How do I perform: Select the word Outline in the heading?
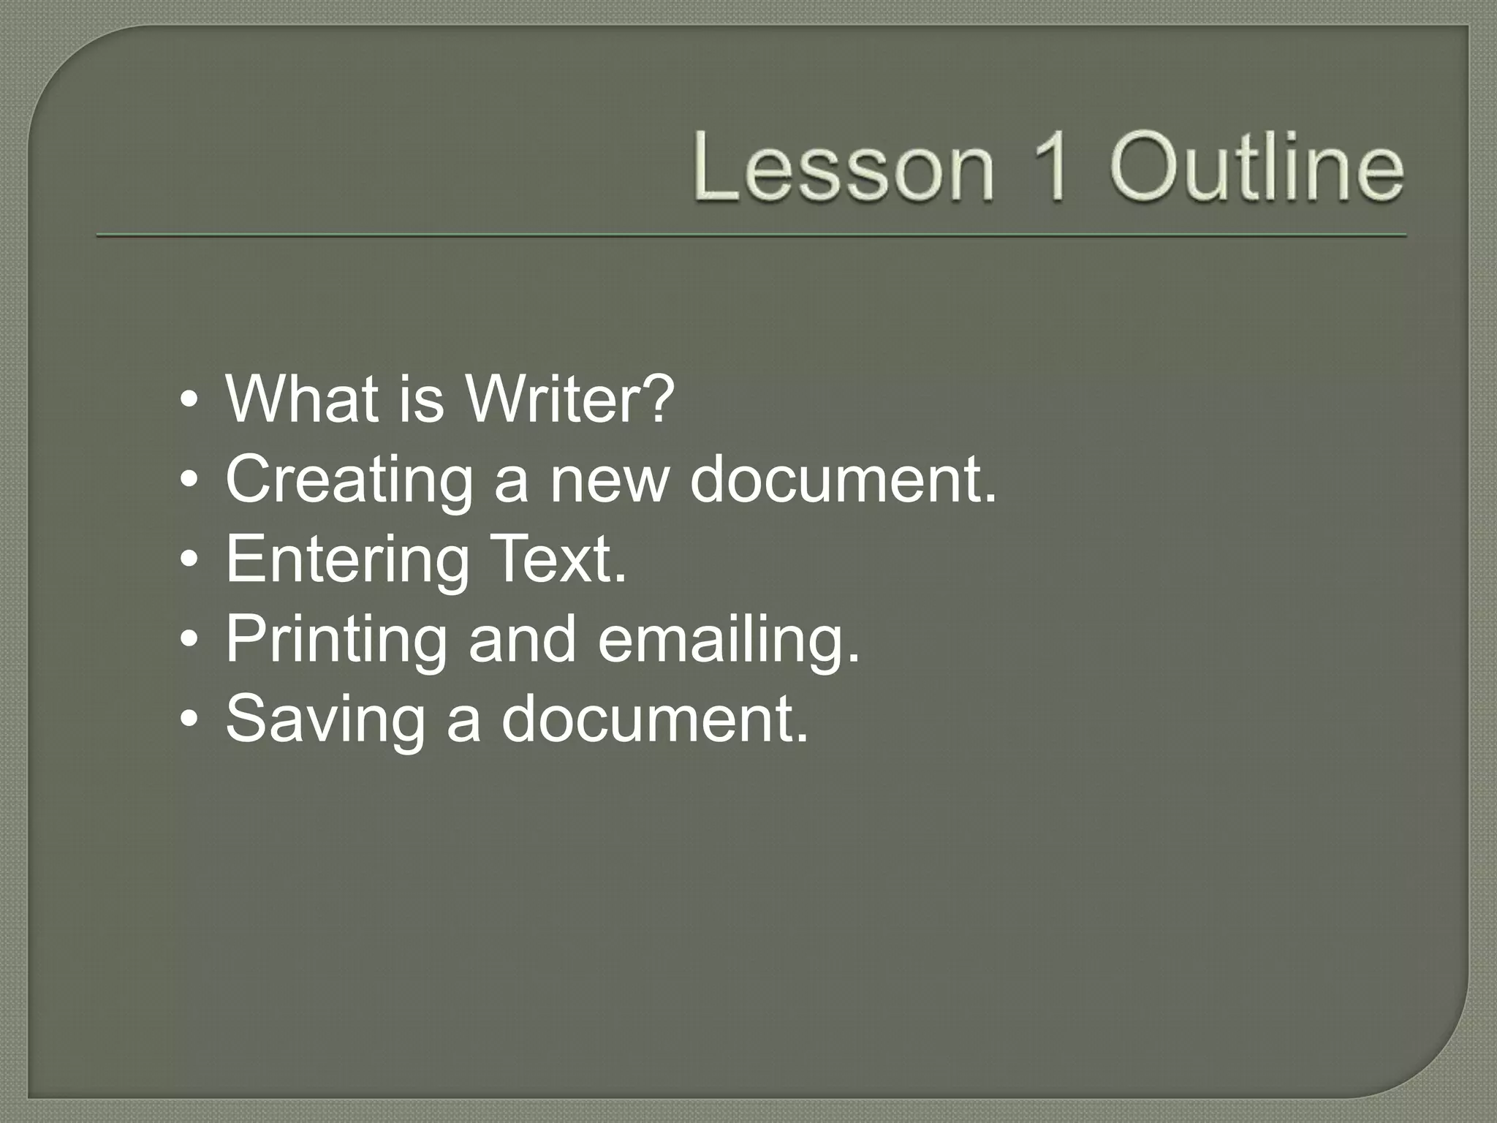[1257, 167]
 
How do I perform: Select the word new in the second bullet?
[610, 480]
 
